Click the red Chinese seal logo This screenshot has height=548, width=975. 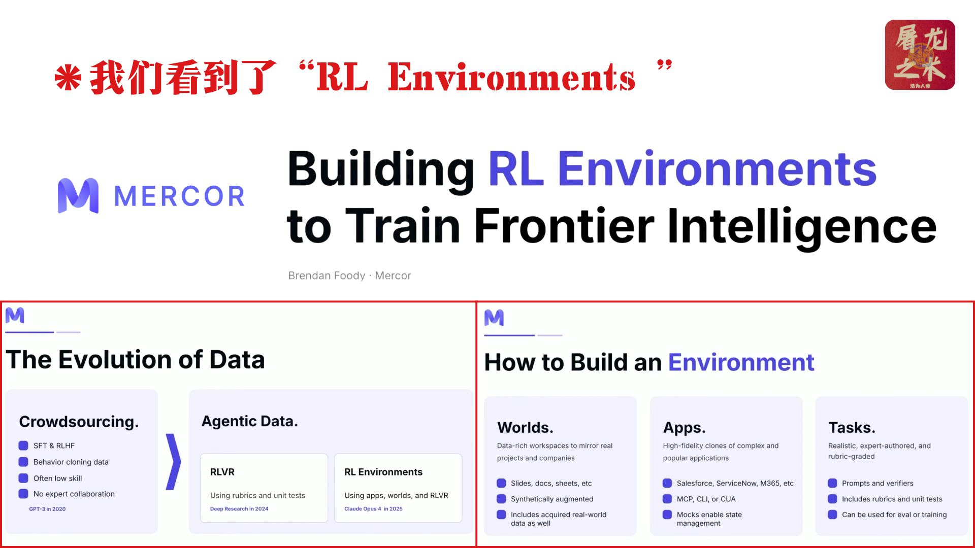(x=920, y=55)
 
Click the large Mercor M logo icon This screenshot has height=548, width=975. (x=78, y=196)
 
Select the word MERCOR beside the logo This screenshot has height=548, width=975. (x=180, y=196)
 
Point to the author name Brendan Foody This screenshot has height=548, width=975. (x=327, y=276)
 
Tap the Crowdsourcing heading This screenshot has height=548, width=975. (x=79, y=422)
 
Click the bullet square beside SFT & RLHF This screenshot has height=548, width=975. (x=23, y=446)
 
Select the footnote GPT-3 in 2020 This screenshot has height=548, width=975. (x=47, y=509)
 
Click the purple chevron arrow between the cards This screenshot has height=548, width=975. (x=174, y=462)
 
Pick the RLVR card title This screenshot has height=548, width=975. (x=222, y=472)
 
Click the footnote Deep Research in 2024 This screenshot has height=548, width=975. (x=239, y=509)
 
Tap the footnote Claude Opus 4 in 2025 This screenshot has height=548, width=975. (x=373, y=509)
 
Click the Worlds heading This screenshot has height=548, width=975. (x=525, y=428)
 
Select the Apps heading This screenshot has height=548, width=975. (x=684, y=428)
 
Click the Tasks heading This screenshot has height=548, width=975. (x=852, y=428)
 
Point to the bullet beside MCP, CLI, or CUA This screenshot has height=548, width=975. (x=667, y=499)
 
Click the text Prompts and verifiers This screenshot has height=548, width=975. (x=877, y=484)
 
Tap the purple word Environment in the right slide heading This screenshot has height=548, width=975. (x=741, y=362)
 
